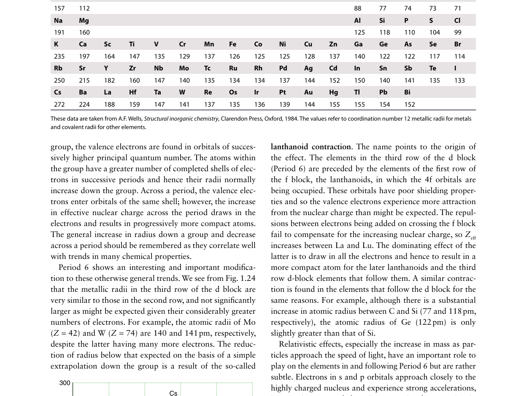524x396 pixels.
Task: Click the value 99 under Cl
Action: pyautogui.click(x=458, y=32)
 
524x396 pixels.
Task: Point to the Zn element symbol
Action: pyautogui.click(x=333, y=44)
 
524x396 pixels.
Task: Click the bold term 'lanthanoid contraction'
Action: pyautogui.click(x=311, y=147)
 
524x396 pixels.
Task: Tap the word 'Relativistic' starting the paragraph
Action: pyautogui.click(x=300, y=344)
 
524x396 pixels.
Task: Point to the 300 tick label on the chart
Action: pyautogui.click(x=65, y=383)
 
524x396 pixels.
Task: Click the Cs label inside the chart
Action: pyautogui.click(x=173, y=393)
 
